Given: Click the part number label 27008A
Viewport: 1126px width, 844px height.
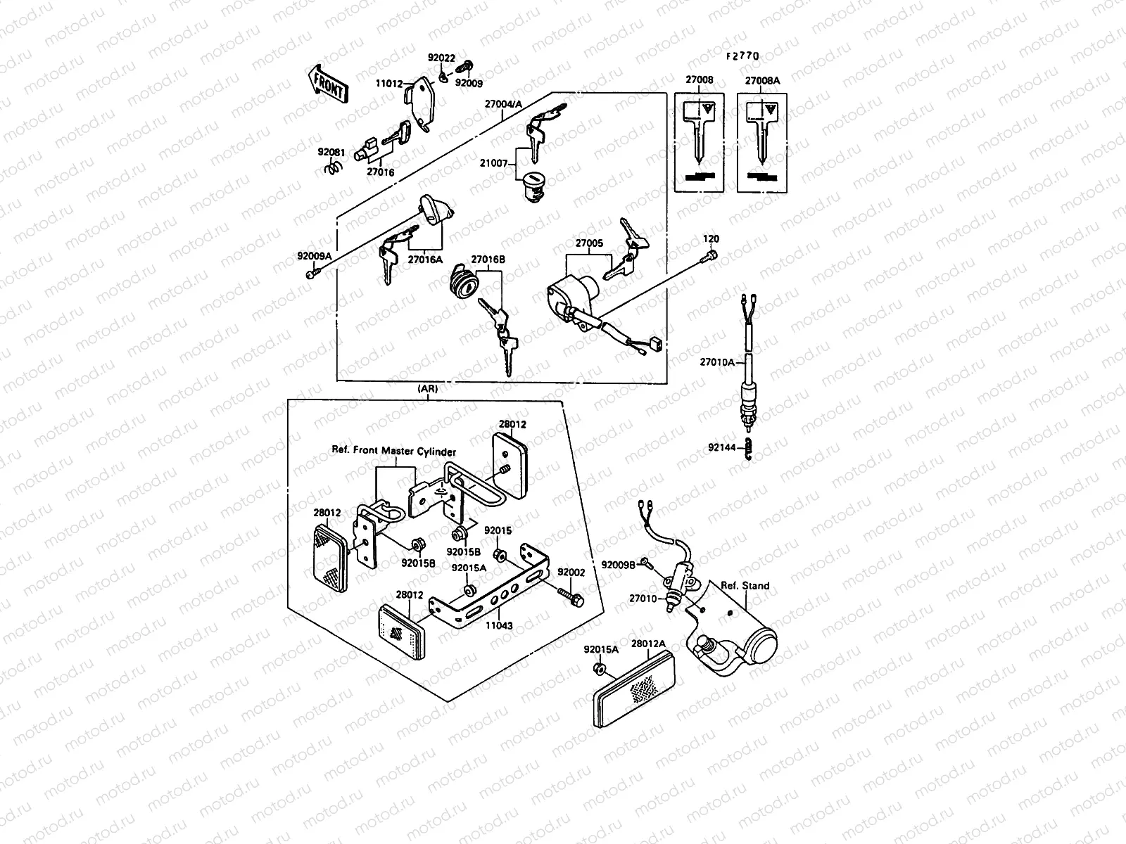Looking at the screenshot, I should click(x=762, y=81).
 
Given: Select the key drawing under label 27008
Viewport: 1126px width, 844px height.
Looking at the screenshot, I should click(x=700, y=134).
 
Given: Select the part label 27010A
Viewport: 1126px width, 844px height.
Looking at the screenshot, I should click(x=716, y=362).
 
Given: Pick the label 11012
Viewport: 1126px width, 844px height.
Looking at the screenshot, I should click(x=389, y=84).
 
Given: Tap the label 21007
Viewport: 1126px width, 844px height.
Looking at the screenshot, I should click(x=495, y=163).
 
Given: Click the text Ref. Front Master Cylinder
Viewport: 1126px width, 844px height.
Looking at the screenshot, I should click(x=393, y=452).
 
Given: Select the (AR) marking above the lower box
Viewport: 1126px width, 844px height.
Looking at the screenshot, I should click(x=427, y=388).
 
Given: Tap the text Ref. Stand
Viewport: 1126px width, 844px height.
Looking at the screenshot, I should click(x=745, y=585).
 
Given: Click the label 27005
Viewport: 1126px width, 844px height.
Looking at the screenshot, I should click(x=589, y=243).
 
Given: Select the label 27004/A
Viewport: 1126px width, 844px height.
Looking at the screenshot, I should click(x=503, y=105).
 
